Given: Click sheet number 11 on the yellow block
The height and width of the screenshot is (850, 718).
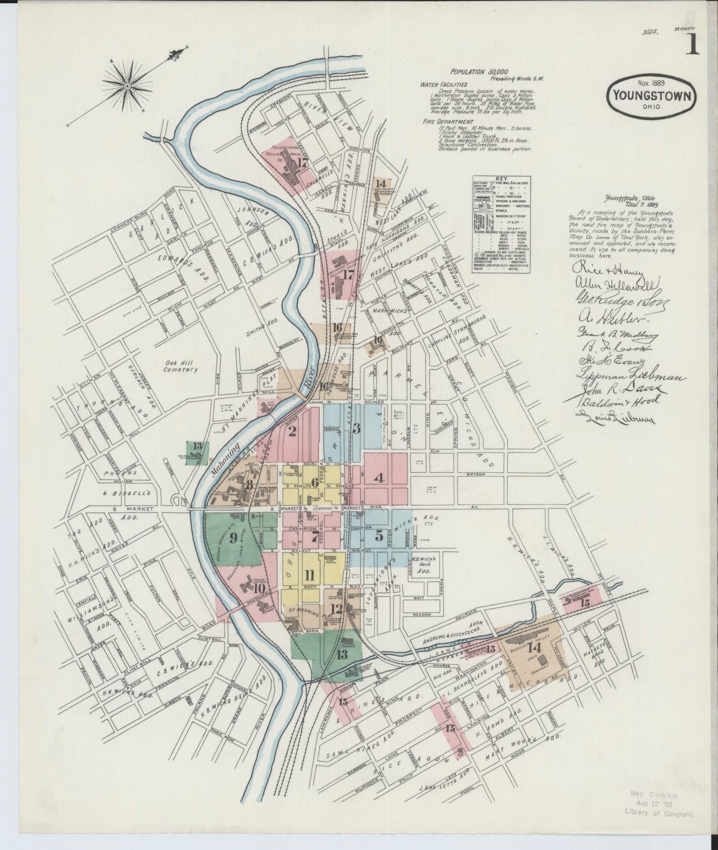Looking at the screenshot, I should click(310, 576).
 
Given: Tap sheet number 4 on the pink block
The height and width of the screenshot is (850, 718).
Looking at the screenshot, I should click(380, 478).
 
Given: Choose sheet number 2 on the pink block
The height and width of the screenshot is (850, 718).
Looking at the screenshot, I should click(292, 431).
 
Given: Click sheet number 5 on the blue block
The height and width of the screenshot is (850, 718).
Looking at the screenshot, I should click(379, 536).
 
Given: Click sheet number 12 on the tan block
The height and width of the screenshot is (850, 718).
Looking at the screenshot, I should click(336, 608).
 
